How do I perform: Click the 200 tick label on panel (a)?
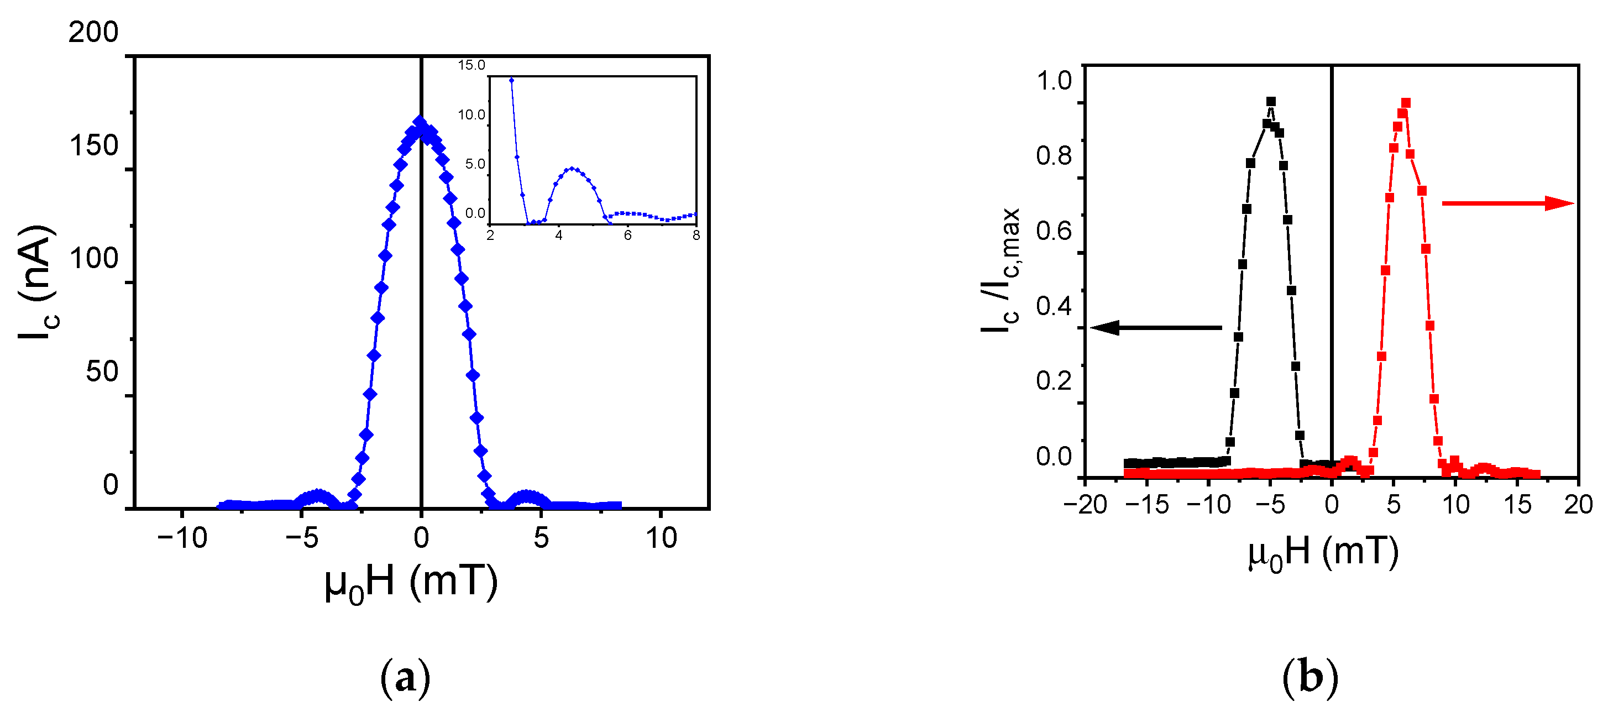[x=93, y=33]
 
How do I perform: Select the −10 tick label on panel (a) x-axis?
[x=182, y=537]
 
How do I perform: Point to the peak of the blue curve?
[x=420, y=122]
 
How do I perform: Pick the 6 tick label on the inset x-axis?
[x=627, y=235]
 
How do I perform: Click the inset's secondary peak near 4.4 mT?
[x=571, y=169]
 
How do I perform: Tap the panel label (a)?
[x=405, y=678]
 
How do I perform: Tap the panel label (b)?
[x=1310, y=678]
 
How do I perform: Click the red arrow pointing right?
[x=1507, y=203]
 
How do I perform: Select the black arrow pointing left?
[x=1155, y=327]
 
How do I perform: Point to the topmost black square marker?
[x=1271, y=102]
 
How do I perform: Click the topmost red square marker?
[x=1406, y=103]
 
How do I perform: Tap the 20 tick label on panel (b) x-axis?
[x=1578, y=504]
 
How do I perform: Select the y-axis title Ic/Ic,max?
[x=1001, y=270]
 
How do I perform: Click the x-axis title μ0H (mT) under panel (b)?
[x=1323, y=553]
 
